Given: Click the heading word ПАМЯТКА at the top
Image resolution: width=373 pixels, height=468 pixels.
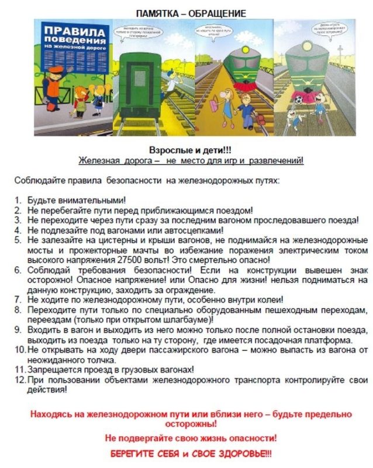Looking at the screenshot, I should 159,13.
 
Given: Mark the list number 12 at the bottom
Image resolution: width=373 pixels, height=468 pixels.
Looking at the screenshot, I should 19,380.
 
